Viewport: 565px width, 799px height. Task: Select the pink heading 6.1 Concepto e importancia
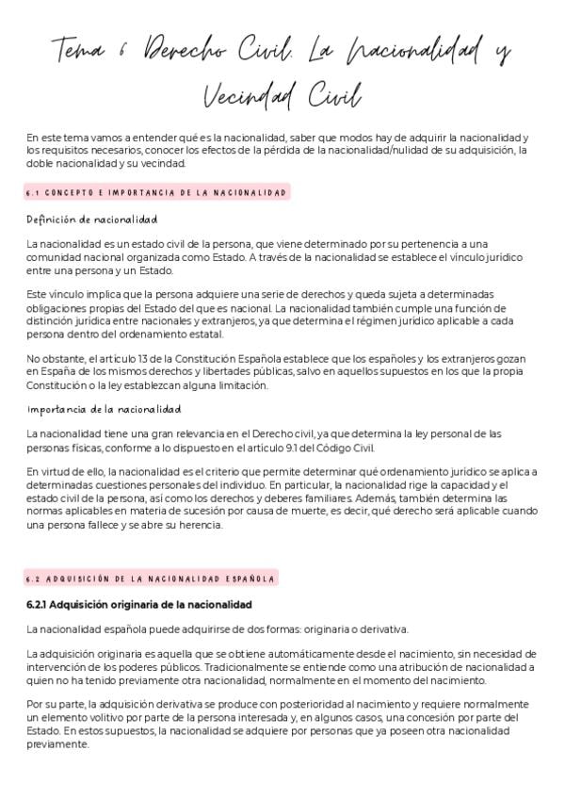[x=156, y=193]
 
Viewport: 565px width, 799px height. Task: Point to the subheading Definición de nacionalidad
[x=92, y=220]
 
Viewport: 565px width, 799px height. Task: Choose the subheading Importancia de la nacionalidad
[x=104, y=409]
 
